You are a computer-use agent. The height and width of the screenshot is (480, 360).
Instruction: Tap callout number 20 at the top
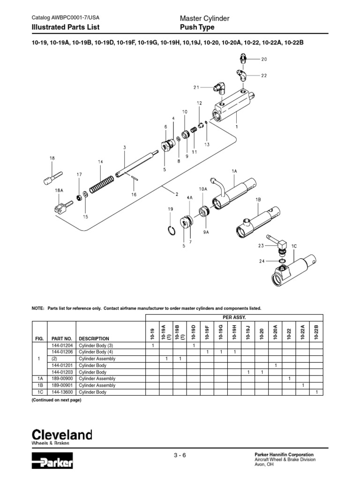click(x=264, y=60)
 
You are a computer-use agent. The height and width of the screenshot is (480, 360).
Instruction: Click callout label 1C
click(x=295, y=246)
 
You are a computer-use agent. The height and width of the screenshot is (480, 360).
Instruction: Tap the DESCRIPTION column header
click(x=94, y=338)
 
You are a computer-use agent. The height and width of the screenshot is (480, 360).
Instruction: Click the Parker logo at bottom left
click(x=52, y=461)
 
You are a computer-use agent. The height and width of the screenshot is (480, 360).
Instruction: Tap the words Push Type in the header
click(x=197, y=27)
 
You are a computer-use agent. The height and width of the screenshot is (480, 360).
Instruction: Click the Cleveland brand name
click(x=61, y=435)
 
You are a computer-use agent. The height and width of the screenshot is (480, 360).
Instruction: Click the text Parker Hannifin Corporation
click(x=284, y=455)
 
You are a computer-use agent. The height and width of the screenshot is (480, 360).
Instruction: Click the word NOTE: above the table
click(x=37, y=308)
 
